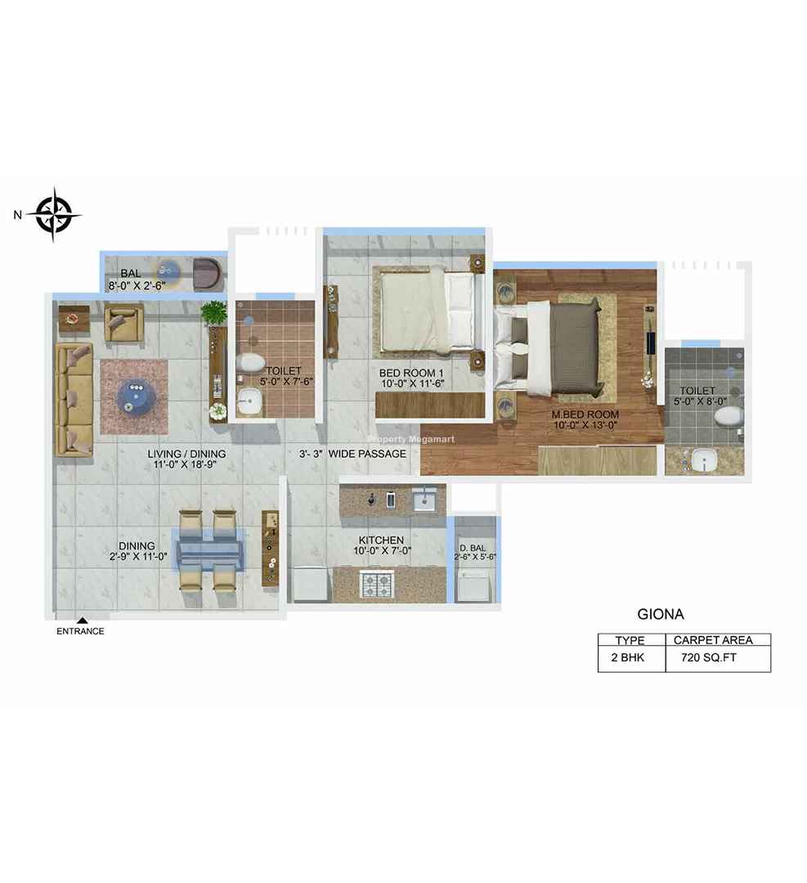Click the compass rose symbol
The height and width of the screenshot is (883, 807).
tap(54, 214)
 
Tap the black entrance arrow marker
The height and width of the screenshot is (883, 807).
tap(83, 621)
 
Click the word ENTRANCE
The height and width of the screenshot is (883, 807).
tap(80, 631)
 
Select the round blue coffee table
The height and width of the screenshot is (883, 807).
tap(134, 396)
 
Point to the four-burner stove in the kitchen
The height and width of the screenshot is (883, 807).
tap(377, 585)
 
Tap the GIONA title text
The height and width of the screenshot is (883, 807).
tap(661, 614)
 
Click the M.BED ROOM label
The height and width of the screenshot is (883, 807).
tap(585, 415)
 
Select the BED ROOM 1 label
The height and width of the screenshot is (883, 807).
tap(411, 373)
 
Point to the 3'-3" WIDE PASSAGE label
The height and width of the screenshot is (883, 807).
tap(352, 453)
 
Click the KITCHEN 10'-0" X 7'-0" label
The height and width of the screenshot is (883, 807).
tap(382, 545)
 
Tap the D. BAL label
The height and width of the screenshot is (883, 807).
tap(472, 548)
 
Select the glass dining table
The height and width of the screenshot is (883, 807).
tap(211, 549)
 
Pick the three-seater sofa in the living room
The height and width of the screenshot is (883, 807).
tap(74, 399)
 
